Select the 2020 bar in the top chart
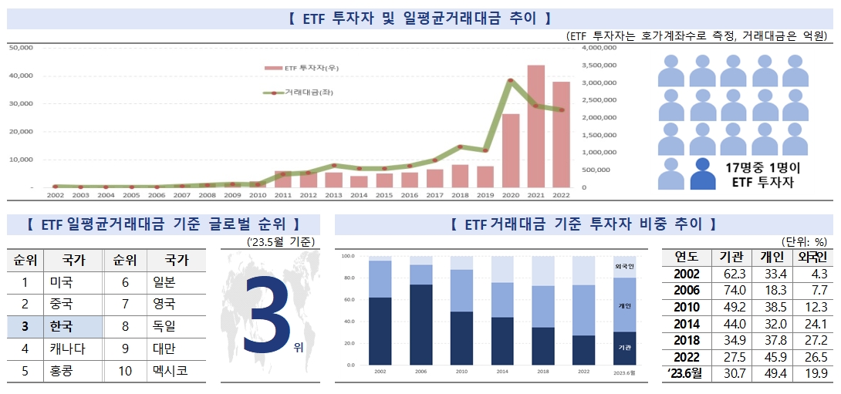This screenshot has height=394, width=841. click(x=510, y=150)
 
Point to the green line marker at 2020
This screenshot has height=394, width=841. click(x=510, y=80)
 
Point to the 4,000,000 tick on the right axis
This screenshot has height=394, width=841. click(x=597, y=47)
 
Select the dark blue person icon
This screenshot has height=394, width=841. click(x=702, y=174)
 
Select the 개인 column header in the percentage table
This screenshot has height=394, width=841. click(x=771, y=256)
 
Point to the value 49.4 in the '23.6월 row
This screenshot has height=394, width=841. click(x=771, y=373)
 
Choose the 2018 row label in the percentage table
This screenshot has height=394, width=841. click(x=687, y=340)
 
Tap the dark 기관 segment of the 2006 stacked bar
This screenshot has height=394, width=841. click(x=420, y=324)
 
